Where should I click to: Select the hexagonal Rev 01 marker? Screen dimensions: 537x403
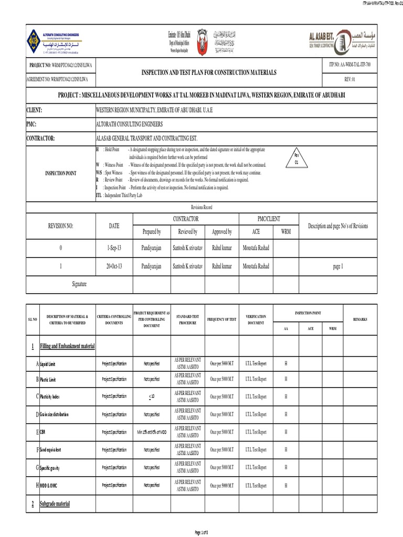(x=295, y=159)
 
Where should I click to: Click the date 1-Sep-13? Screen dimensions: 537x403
(x=114, y=248)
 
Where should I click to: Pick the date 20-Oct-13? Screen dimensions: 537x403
(x=114, y=266)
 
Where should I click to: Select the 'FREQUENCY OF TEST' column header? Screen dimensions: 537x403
(x=221, y=319)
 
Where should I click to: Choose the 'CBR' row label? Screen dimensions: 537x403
(x=43, y=432)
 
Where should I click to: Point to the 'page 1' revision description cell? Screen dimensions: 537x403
(x=338, y=266)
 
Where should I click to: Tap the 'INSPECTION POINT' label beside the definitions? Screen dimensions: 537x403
(x=57, y=172)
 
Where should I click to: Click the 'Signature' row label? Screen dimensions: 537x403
(x=79, y=284)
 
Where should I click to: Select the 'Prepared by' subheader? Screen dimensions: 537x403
(x=152, y=231)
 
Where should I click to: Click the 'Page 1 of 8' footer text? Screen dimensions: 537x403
(x=201, y=533)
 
